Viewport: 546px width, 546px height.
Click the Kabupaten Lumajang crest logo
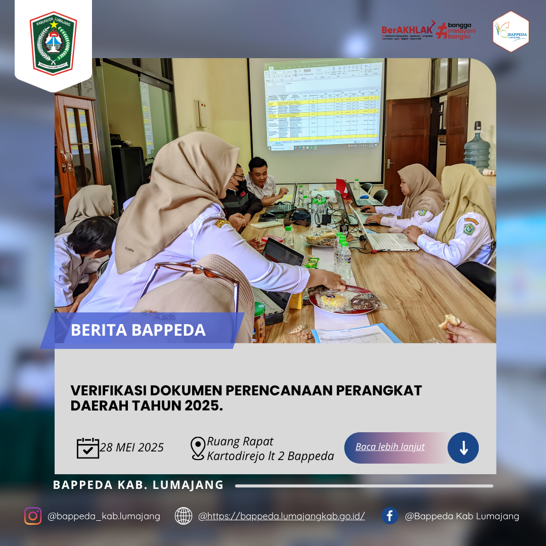(53, 43)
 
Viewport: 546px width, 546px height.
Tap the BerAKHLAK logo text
(407, 30)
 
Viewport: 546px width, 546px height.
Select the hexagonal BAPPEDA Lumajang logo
(511, 32)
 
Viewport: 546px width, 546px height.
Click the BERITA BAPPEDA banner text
(138, 330)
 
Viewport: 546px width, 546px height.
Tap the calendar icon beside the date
(87, 448)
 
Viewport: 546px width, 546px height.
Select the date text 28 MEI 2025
(132, 448)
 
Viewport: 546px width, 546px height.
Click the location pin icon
(198, 448)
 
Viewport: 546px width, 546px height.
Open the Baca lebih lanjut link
(390, 447)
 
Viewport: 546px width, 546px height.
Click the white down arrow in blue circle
(463, 448)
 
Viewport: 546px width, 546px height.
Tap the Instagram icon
(33, 516)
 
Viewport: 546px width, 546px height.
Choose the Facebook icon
(389, 516)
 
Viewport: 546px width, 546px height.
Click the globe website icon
(184, 516)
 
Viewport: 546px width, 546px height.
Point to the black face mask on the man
(241, 186)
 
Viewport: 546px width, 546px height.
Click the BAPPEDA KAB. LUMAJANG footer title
(138, 485)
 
